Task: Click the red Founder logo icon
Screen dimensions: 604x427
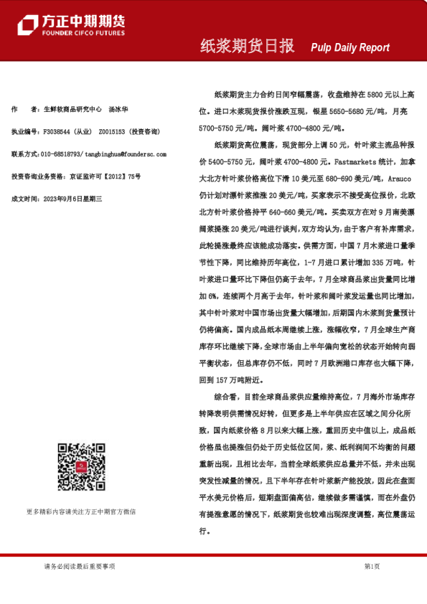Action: click(27, 25)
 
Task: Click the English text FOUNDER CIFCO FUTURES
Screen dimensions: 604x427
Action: click(83, 34)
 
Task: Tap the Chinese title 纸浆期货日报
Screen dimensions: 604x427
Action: click(247, 47)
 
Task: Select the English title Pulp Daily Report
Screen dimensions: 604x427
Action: click(350, 47)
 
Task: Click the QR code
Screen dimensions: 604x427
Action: click(80, 465)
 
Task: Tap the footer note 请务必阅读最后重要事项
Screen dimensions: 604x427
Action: click(80, 567)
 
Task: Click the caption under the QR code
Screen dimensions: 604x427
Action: click(80, 511)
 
